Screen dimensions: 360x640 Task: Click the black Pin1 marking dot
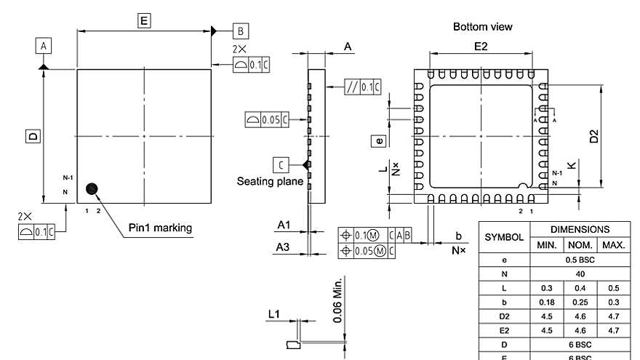[x=92, y=189]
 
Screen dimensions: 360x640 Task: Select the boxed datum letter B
[x=241, y=31]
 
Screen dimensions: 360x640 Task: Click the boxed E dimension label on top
[x=144, y=20]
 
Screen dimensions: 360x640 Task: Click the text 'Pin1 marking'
[x=161, y=228]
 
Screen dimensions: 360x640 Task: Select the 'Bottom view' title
[x=482, y=27]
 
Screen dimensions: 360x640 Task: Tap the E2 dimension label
[x=481, y=47]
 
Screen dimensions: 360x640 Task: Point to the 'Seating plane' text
[x=270, y=181]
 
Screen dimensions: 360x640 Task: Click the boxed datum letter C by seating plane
[x=281, y=164]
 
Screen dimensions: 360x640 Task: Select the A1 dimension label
[x=284, y=225]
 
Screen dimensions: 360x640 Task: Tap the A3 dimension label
[x=284, y=248]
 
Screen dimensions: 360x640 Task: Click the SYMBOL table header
[x=504, y=237]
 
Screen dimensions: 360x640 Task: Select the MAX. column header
[x=614, y=245]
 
